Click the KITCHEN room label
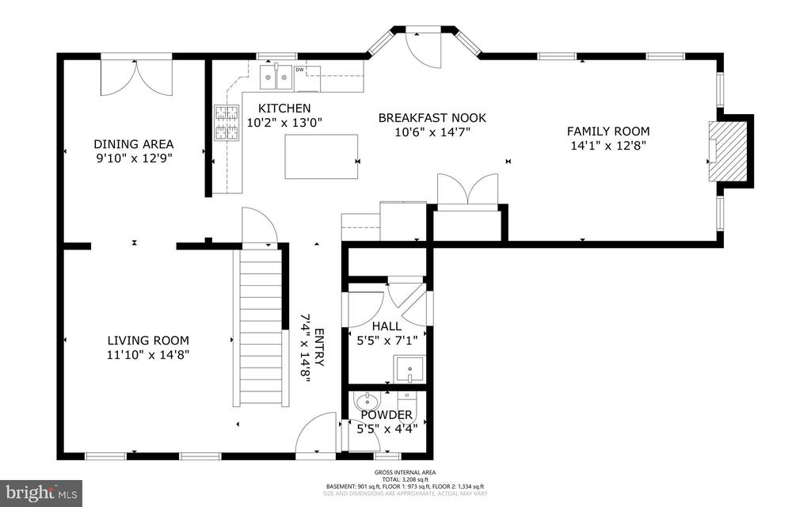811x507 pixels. (284, 109)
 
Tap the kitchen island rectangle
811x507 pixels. (321, 157)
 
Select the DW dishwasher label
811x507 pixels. (299, 70)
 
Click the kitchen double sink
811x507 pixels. (275, 78)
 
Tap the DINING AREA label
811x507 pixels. (133, 144)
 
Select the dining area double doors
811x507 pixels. (136, 74)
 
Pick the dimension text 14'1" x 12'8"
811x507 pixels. (607, 146)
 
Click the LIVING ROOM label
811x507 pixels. (148, 341)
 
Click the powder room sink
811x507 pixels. (367, 401)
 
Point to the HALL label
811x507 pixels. (386, 326)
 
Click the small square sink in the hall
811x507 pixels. (409, 369)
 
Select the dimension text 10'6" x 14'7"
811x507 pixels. (432, 132)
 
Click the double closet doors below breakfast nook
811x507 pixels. (467, 192)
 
